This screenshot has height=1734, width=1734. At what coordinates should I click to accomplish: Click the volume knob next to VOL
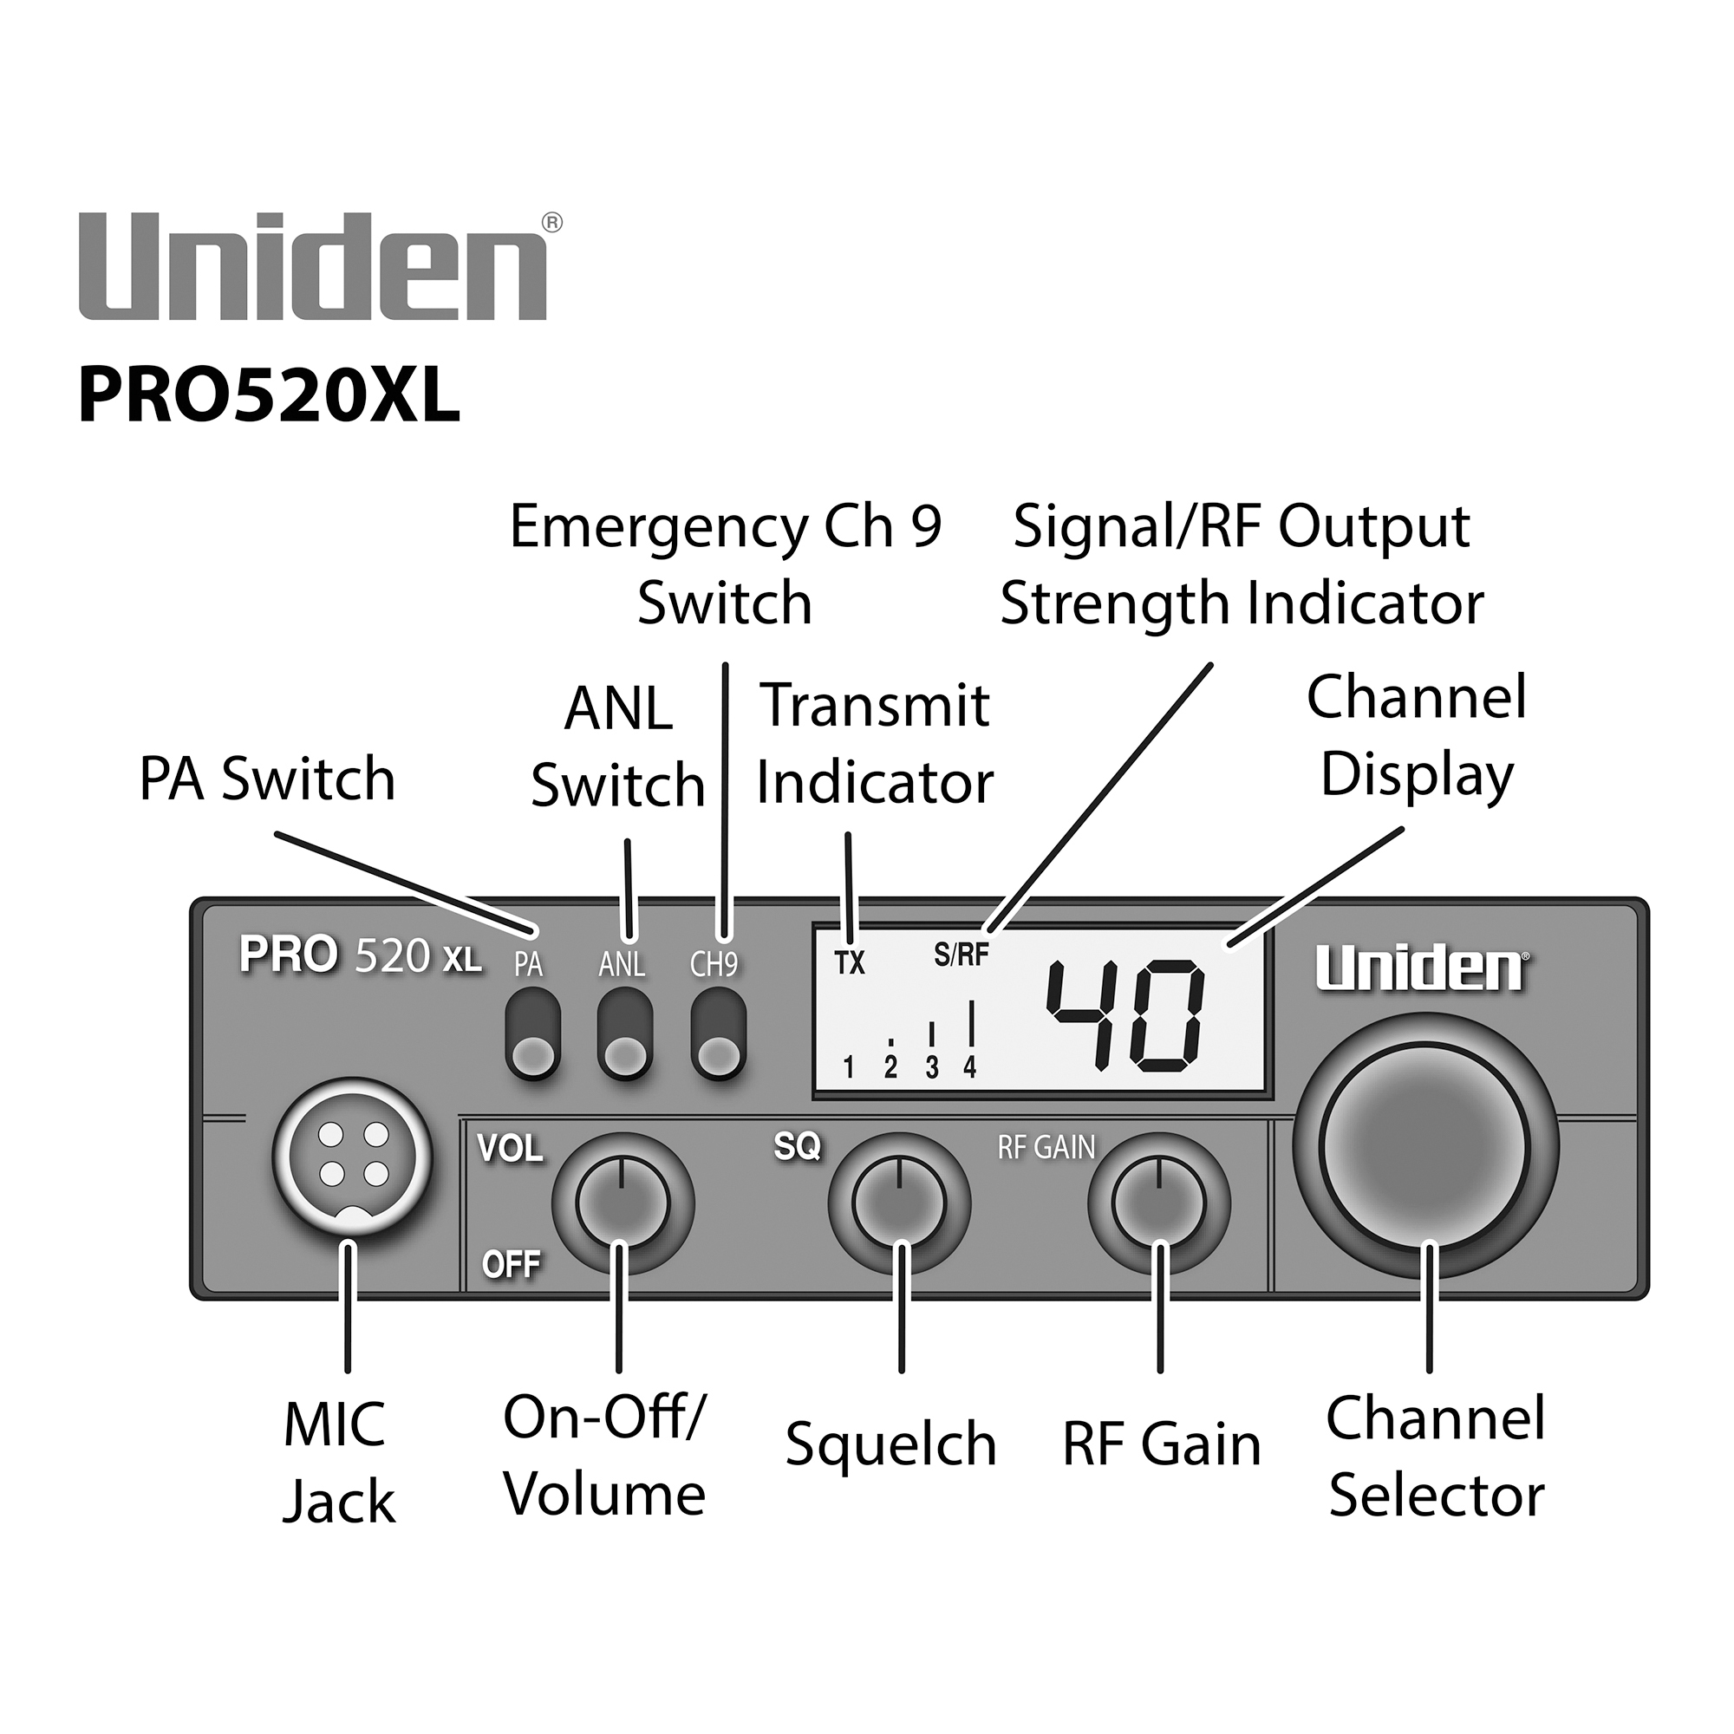click(622, 1203)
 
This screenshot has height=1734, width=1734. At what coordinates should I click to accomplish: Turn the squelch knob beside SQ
click(898, 1203)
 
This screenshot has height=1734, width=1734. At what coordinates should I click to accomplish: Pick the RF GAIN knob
click(1157, 1203)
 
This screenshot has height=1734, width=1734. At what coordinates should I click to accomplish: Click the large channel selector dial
click(1424, 1146)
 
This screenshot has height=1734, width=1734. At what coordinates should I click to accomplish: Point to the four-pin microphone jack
click(353, 1157)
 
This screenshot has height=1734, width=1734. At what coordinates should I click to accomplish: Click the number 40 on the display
click(1126, 1016)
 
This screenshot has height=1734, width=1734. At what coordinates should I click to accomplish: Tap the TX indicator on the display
click(849, 963)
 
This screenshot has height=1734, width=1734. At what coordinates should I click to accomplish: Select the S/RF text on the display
click(961, 955)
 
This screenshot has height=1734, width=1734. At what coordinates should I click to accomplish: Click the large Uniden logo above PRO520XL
click(314, 266)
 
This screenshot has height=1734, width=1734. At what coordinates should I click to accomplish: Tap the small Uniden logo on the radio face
click(1421, 968)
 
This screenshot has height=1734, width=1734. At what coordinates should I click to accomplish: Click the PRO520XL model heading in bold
click(270, 396)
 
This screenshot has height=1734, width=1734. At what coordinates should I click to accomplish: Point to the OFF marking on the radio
click(511, 1265)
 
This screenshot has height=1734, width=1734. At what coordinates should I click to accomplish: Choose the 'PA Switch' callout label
click(266, 779)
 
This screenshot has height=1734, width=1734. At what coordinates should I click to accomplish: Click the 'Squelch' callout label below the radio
click(890, 1445)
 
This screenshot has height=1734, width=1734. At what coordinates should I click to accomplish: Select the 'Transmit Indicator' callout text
click(874, 744)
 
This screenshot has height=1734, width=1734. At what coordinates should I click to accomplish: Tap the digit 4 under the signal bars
click(969, 1067)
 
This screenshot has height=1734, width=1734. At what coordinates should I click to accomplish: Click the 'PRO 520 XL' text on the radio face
click(360, 955)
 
